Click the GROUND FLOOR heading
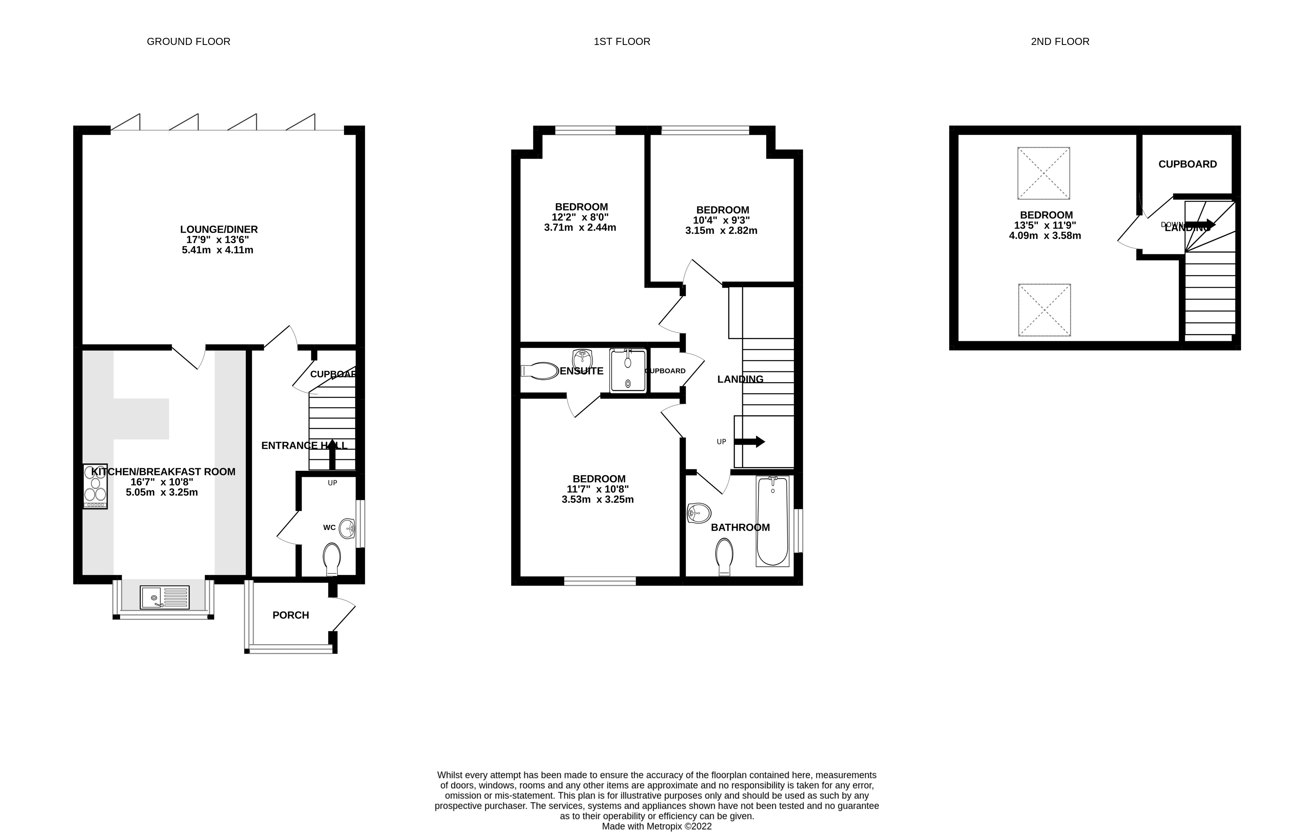(188, 42)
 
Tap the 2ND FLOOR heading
(1060, 42)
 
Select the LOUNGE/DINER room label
(219, 230)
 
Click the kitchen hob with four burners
(95, 486)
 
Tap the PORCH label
(290, 615)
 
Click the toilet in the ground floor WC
(331, 559)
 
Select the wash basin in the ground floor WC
(347, 528)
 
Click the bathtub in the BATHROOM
(772, 521)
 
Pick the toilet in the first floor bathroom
(724, 556)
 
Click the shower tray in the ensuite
(628, 370)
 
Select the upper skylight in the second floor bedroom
(1043, 173)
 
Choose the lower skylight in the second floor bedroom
(1044, 310)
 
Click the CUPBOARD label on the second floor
(1187, 164)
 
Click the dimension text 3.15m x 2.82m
(721, 231)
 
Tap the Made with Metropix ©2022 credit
(656, 826)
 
